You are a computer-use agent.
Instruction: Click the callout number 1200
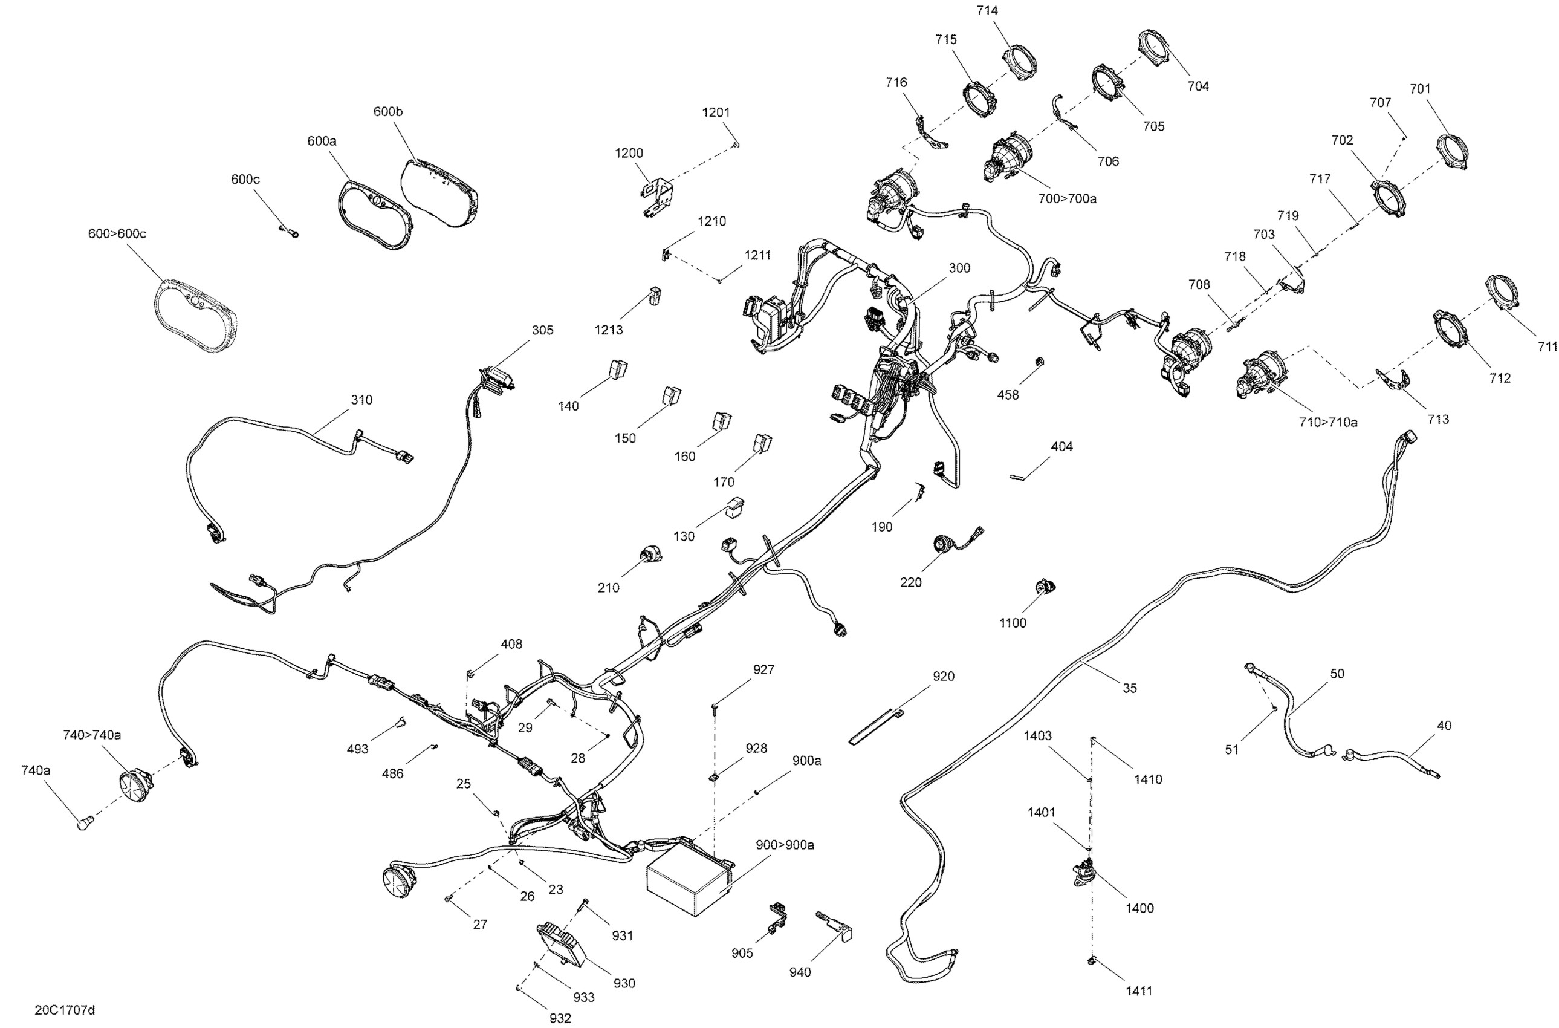pyautogui.click(x=629, y=153)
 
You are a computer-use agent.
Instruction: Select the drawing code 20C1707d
pyautogui.click(x=65, y=1010)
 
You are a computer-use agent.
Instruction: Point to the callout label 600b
pyautogui.click(x=388, y=111)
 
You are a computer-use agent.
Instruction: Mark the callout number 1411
pyautogui.click(x=1139, y=991)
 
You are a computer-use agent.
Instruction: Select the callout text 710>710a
pyautogui.click(x=1328, y=422)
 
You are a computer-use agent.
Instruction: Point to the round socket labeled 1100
pyautogui.click(x=1044, y=587)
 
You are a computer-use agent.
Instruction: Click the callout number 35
pyautogui.click(x=1130, y=688)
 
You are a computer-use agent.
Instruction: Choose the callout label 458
pyautogui.click(x=1008, y=395)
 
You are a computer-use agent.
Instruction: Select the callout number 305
pyautogui.click(x=543, y=330)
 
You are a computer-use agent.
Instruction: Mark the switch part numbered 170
pyautogui.click(x=762, y=443)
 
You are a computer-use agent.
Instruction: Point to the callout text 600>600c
pyautogui.click(x=117, y=233)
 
